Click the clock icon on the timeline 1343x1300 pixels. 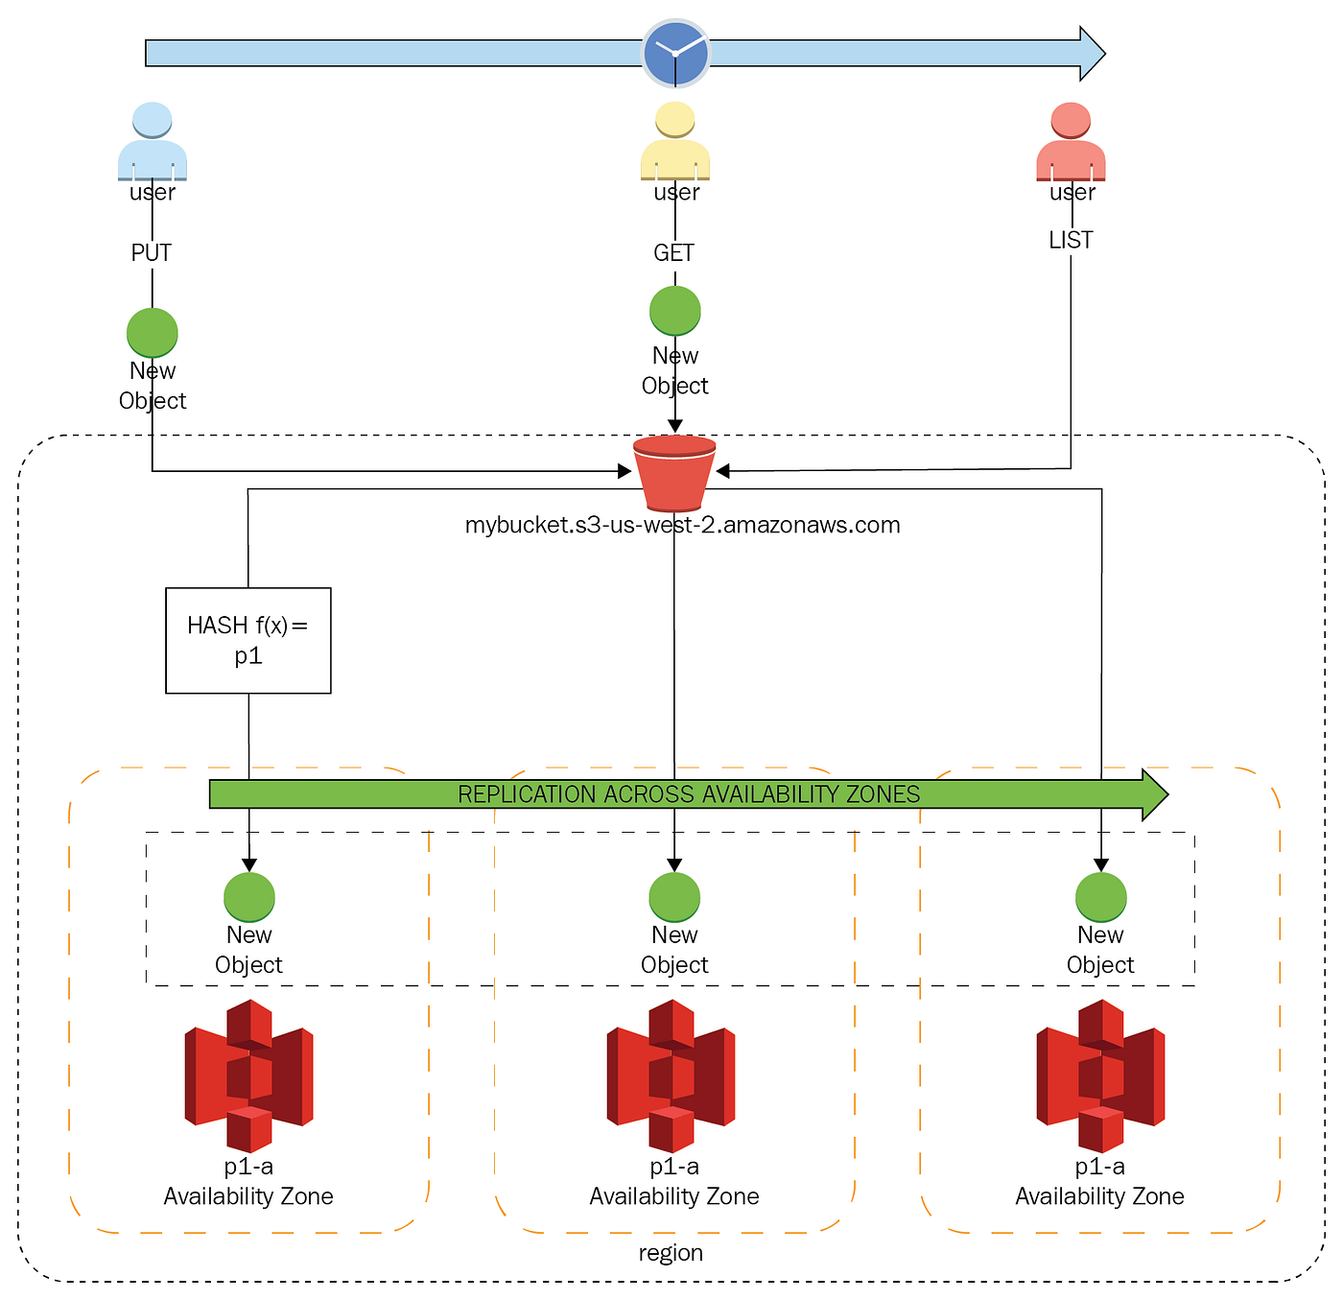click(x=675, y=54)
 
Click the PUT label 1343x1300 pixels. click(x=152, y=253)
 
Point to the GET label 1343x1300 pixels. click(x=673, y=253)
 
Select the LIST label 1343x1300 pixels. click(x=1071, y=241)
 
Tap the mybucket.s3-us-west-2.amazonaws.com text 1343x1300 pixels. click(x=682, y=526)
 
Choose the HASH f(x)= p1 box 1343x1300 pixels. click(x=248, y=640)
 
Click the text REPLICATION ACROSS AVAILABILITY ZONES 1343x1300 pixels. click(x=689, y=794)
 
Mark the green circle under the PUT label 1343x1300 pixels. click(x=153, y=333)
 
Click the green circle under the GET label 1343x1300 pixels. click(x=675, y=311)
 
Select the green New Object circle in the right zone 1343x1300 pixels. click(x=1100, y=897)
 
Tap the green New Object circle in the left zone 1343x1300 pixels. click(x=249, y=897)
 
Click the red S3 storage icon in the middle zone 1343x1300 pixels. click(x=671, y=1075)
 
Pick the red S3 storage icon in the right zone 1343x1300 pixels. click(x=1100, y=1075)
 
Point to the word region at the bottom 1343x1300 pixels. click(x=671, y=1253)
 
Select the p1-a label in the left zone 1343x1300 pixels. click(x=248, y=1167)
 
